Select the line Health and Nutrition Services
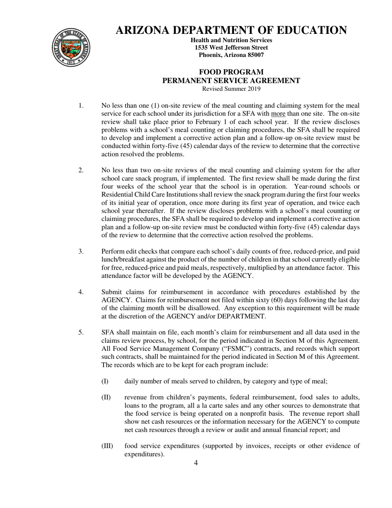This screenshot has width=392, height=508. (231, 40)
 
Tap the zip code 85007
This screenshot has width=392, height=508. (255, 55)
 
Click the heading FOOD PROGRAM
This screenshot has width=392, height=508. (231, 72)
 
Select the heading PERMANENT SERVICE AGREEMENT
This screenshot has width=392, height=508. (231, 81)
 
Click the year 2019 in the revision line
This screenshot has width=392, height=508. (253, 89)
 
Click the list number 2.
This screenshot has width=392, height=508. (81, 170)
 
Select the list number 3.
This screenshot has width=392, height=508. (81, 251)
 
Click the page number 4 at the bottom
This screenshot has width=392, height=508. (196, 463)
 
